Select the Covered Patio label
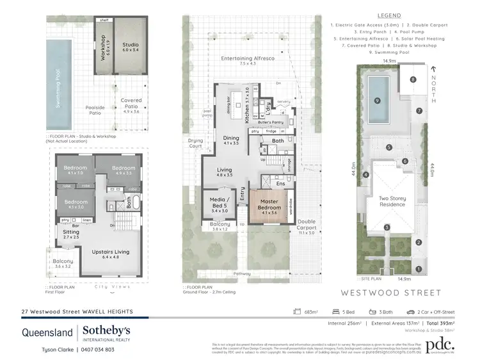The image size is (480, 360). pyautogui.click(x=131, y=103)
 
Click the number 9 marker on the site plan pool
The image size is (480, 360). pyautogui.click(x=378, y=101)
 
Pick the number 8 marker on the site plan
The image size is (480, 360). pyautogui.click(x=413, y=79)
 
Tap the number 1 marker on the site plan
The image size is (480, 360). pyautogui.click(x=419, y=269)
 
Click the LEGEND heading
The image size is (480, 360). pyautogui.click(x=389, y=15)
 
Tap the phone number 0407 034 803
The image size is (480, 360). pyautogui.click(x=96, y=350)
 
